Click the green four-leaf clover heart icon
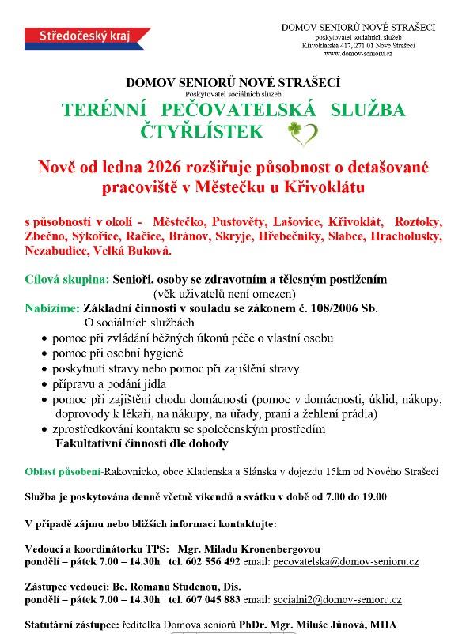pyautogui.click(x=302, y=132)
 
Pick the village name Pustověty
pyautogui.click(x=238, y=223)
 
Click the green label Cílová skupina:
pyautogui.click(x=66, y=280)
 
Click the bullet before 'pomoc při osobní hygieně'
pyautogui.click(x=44, y=353)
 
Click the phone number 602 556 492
pyautogui.click(x=213, y=560)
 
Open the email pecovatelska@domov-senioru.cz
pyautogui.click(x=346, y=560)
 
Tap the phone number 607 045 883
pyautogui.click(x=213, y=599)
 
